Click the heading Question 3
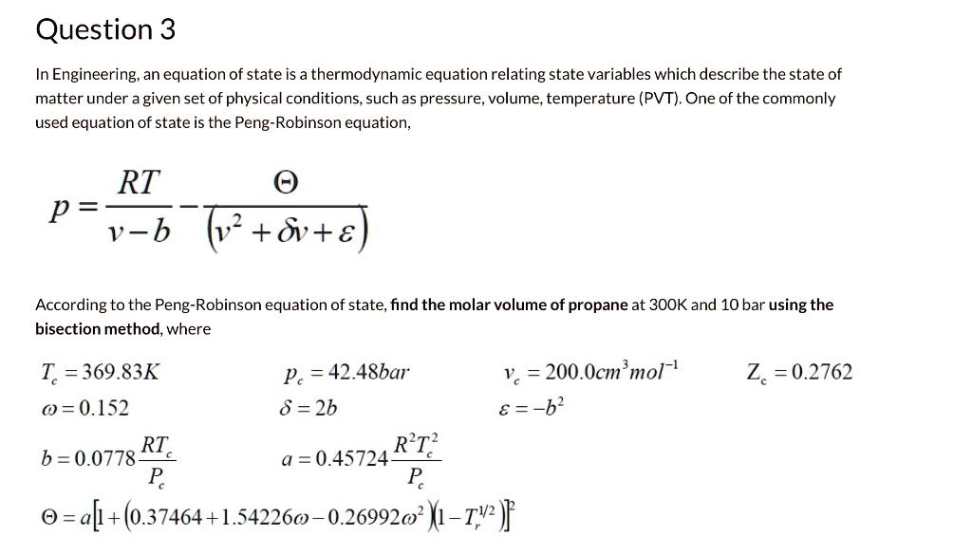105,30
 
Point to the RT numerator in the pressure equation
139,182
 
